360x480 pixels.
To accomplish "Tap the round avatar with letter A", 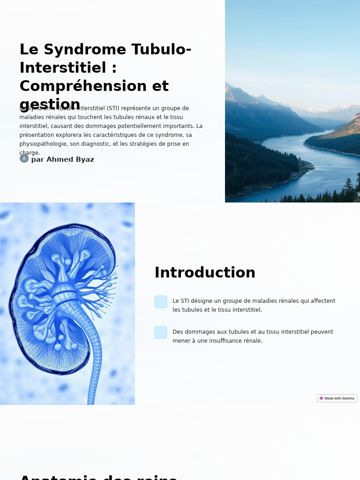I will click(24, 158).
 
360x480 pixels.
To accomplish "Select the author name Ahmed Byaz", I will click(70, 159).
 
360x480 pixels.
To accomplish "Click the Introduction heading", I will click(205, 273).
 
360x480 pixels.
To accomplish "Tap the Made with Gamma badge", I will click(337, 398).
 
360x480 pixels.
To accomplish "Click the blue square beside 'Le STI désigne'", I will click(161, 302).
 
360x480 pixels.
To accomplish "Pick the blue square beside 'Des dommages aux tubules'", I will click(161, 332).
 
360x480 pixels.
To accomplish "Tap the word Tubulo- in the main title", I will click(161, 50).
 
